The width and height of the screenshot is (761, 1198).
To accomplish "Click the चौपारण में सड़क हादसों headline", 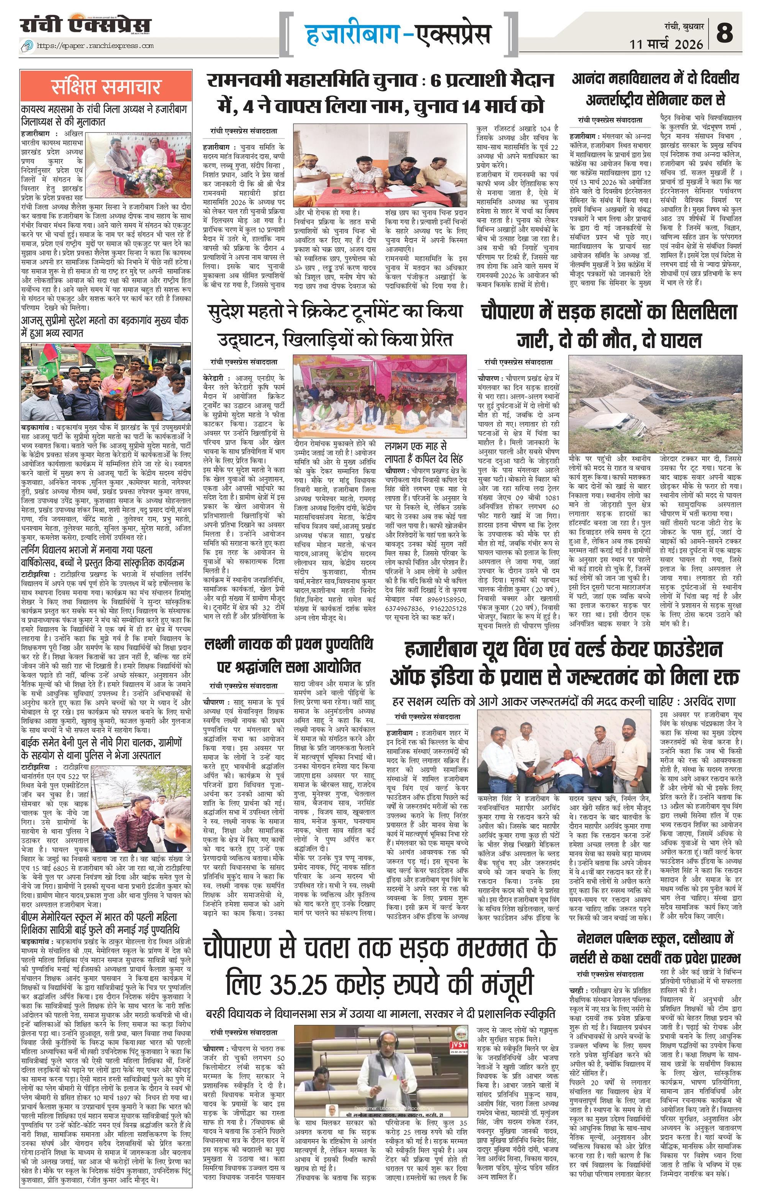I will coord(609,326).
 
